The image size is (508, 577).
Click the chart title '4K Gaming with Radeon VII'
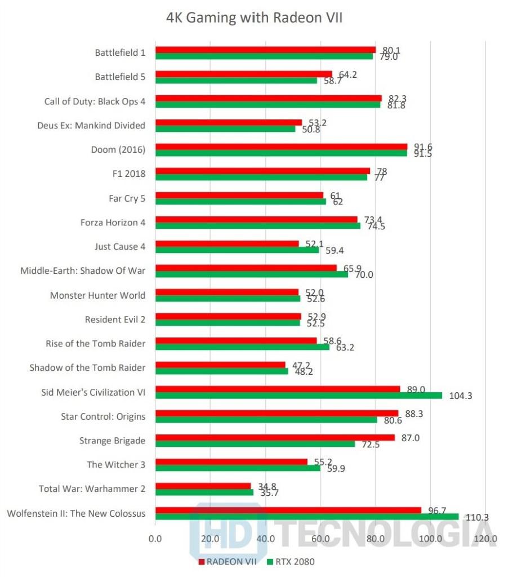click(254, 18)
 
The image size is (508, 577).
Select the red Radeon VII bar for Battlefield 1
click(265, 50)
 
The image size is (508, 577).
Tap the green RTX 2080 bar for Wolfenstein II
click(307, 517)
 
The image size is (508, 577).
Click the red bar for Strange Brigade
click(275, 437)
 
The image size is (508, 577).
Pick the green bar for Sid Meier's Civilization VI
click(298, 396)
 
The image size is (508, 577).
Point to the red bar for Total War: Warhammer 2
click(203, 486)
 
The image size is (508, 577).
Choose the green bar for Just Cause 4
click(237, 250)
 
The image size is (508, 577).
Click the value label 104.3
click(460, 396)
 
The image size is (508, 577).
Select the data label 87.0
click(412, 437)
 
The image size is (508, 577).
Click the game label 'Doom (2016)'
click(118, 150)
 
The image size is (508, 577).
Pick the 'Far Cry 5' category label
click(127, 198)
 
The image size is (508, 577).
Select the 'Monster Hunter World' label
click(97, 295)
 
